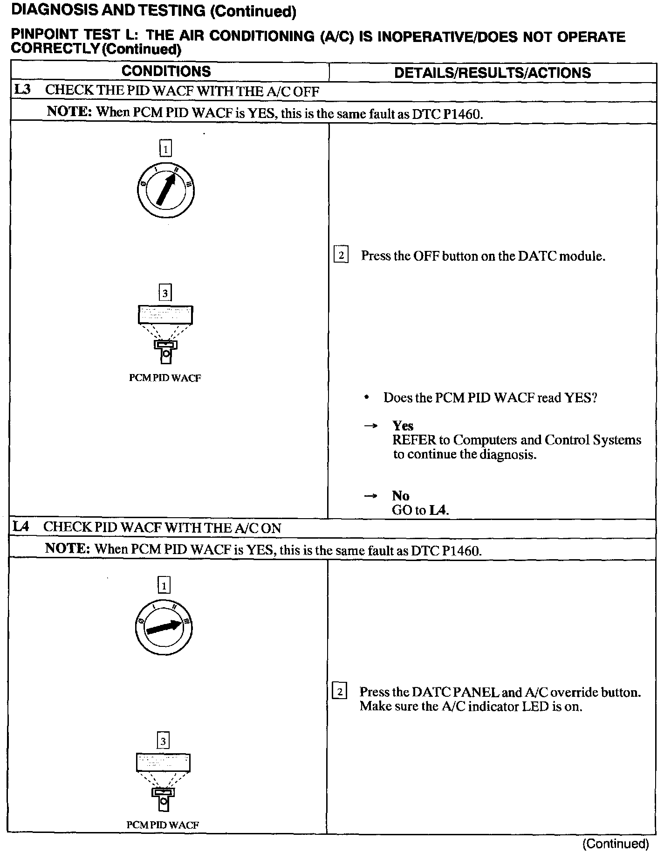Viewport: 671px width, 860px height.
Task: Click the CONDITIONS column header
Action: pyautogui.click(x=166, y=71)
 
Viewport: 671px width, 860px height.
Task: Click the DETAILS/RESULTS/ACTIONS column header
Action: pyautogui.click(x=492, y=73)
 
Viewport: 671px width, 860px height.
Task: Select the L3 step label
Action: pyautogui.click(x=22, y=90)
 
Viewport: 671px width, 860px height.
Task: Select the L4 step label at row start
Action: pyautogui.click(x=21, y=527)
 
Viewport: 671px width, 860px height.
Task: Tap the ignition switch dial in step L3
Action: pyautogui.click(x=165, y=191)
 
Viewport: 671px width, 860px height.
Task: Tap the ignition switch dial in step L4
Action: pyautogui.click(x=163, y=627)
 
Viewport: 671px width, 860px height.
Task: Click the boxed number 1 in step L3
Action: pyautogui.click(x=165, y=149)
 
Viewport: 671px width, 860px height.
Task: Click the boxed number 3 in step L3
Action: pyautogui.click(x=165, y=293)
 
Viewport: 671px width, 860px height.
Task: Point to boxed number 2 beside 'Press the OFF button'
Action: pyautogui.click(x=341, y=256)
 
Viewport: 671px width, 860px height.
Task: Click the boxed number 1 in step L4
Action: pyautogui.click(x=164, y=585)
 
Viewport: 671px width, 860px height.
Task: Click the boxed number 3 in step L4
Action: pyautogui.click(x=163, y=740)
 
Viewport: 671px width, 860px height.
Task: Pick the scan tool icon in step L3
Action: pyautogui.click(x=165, y=334)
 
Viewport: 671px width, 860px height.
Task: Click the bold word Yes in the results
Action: pyautogui.click(x=403, y=425)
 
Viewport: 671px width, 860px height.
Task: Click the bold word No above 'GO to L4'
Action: pyautogui.click(x=400, y=495)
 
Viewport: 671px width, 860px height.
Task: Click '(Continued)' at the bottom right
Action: pyautogui.click(x=616, y=844)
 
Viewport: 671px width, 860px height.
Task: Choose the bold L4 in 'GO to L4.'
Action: pyautogui.click(x=438, y=510)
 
